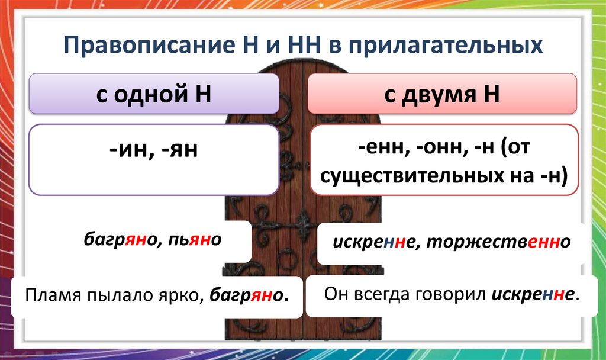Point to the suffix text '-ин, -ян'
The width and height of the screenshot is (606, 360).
coord(153,150)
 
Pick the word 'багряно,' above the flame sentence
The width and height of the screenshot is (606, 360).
coord(121,240)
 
